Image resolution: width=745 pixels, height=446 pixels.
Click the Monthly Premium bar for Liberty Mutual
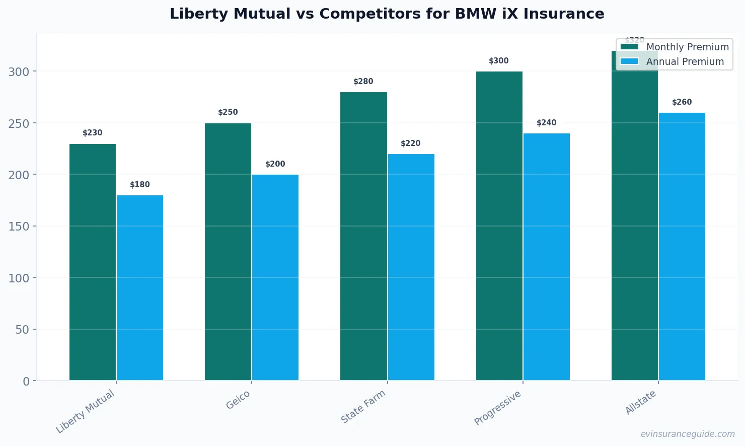(x=93, y=262)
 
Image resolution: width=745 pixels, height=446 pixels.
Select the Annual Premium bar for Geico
(x=275, y=277)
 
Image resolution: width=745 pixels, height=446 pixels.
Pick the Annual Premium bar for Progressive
(x=547, y=257)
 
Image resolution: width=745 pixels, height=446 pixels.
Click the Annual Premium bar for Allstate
(x=682, y=247)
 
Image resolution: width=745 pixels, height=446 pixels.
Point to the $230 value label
(x=93, y=133)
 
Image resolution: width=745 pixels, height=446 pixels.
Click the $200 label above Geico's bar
(x=275, y=164)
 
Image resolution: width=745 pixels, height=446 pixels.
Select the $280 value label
(x=363, y=82)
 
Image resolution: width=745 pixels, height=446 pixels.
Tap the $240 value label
(x=547, y=123)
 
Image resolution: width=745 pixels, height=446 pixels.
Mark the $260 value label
(x=682, y=102)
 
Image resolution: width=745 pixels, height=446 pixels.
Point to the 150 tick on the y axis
(x=19, y=227)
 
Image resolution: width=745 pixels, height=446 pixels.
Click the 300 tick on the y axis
(x=19, y=72)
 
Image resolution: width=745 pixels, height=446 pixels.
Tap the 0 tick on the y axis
(x=26, y=381)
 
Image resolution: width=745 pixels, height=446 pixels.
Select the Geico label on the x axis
(x=238, y=400)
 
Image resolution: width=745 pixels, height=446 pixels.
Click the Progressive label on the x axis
(x=498, y=408)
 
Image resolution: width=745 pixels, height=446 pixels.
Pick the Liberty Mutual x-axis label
(x=86, y=411)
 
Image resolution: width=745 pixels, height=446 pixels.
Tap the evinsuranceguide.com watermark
(x=688, y=434)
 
